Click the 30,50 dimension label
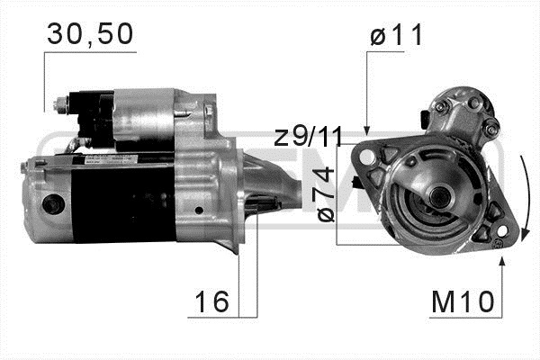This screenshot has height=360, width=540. point(90,34)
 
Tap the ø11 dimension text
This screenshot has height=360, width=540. point(396,35)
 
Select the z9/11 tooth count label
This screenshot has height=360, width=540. point(309,137)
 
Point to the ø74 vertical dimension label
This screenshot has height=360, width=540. point(326,194)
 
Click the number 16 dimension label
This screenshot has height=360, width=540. point(211,301)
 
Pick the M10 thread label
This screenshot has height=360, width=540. point(463,302)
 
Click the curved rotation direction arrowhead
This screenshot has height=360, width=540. point(525,235)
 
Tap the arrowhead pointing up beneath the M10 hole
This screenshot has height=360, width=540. point(502,261)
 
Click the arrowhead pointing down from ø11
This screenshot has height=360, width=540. point(367,130)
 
